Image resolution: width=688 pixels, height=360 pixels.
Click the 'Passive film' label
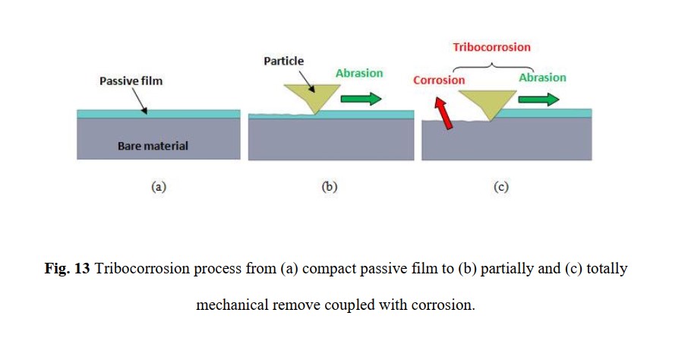131,81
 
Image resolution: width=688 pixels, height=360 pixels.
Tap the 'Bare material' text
153,146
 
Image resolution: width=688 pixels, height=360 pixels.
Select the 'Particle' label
283,61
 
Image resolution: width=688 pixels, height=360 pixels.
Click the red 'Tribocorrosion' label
491,47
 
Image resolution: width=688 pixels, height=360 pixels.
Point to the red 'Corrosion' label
439,80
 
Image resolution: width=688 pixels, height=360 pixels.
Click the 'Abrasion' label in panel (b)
359,73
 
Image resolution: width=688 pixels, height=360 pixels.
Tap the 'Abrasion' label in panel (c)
542,77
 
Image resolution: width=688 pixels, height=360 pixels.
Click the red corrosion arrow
443,113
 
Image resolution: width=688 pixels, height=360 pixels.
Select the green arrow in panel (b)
361,99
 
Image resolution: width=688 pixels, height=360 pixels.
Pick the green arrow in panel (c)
538,99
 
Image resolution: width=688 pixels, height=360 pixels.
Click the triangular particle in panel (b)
312,96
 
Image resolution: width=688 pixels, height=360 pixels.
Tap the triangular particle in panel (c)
488,102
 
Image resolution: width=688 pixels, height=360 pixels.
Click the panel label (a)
159,187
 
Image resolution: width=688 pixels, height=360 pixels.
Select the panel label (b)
330,187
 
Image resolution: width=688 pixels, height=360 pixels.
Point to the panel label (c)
501,187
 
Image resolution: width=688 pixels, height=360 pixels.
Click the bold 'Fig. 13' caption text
67,268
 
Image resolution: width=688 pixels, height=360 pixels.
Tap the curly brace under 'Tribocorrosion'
493,66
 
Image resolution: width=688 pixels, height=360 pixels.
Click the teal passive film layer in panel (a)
159,114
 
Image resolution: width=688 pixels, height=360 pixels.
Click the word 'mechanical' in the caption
232,305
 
